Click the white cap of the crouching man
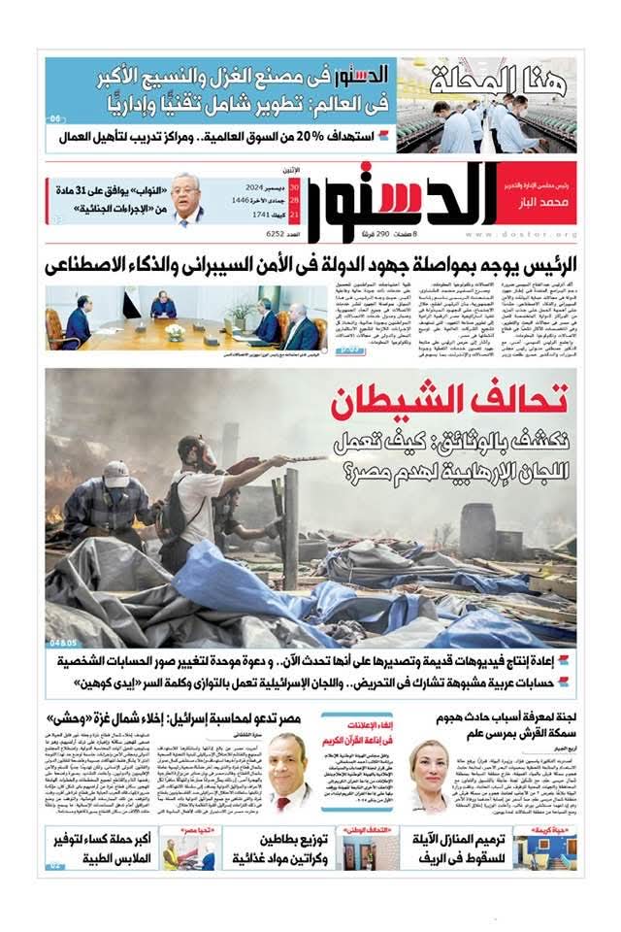click(115, 473)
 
